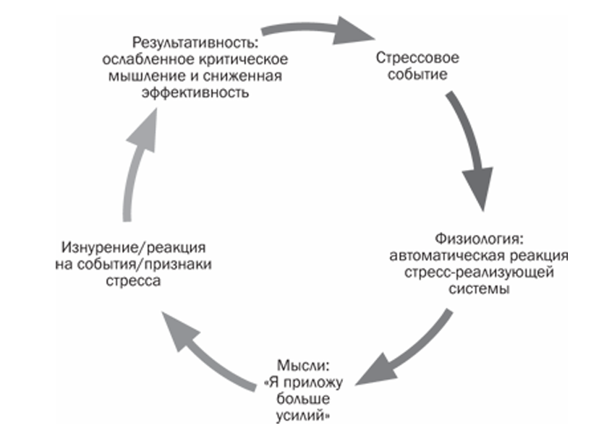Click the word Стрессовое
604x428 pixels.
[x=409, y=58]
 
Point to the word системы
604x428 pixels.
[x=478, y=289]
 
